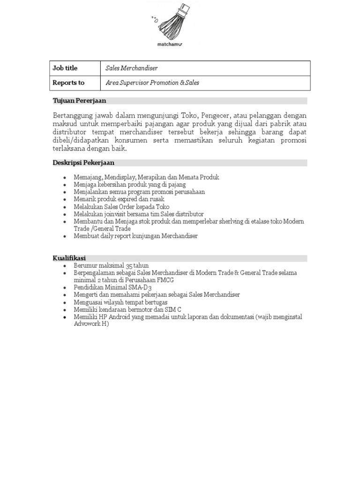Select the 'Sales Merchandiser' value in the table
(132, 68)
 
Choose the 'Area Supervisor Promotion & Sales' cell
(152, 83)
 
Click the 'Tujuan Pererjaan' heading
(79, 101)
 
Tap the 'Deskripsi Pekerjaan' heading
(83, 163)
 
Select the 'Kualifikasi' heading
(68, 258)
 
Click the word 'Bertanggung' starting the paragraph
(73, 116)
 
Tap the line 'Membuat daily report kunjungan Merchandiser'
(135, 236)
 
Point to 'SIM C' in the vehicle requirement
(173, 309)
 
